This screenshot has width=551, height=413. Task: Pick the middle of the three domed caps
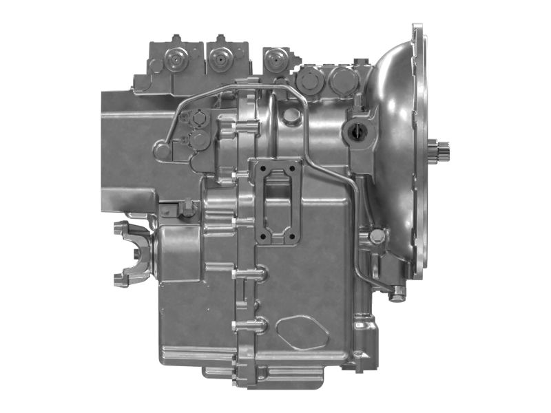220,59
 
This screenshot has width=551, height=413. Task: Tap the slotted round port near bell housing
359,130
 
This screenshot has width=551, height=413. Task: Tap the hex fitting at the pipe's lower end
397,295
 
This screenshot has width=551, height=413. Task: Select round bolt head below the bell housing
376,236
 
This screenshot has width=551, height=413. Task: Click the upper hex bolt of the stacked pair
200,118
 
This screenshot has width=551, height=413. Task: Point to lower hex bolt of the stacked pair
200,140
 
